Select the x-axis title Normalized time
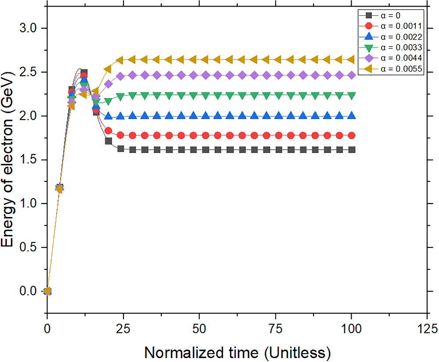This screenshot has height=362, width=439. point(237,352)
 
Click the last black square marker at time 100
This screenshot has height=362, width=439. point(351,150)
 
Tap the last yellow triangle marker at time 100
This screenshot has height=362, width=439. point(351,59)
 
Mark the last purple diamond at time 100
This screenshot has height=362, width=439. point(351,75)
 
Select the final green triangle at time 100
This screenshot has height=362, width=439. point(351,95)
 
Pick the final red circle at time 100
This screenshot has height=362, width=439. point(351,135)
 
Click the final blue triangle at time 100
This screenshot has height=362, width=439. point(351,116)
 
